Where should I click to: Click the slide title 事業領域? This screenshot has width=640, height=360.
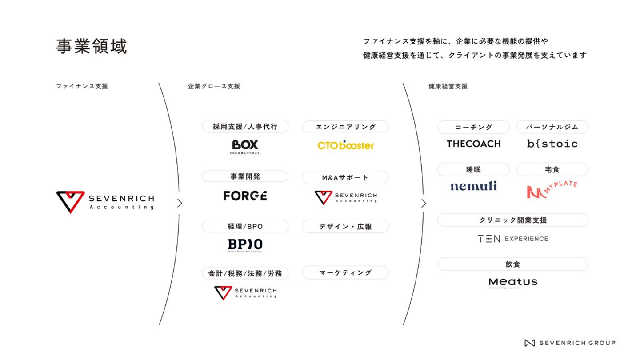[92, 46]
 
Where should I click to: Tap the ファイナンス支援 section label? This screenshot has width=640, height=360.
[82, 86]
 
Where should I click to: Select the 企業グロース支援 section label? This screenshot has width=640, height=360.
[214, 86]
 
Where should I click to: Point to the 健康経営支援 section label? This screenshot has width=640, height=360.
[448, 86]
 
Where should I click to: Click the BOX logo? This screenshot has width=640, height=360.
[245, 146]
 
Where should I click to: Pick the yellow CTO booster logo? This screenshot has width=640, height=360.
[345, 145]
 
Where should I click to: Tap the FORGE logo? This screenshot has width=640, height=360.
[245, 196]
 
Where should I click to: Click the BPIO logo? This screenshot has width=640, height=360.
[245, 245]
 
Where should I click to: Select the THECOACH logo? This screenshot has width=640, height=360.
[473, 144]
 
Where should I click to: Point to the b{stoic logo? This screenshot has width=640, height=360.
[552, 144]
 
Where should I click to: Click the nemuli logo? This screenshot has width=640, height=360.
[473, 186]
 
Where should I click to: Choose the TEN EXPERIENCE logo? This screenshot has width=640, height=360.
[513, 239]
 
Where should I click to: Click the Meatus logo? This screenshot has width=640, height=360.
[513, 283]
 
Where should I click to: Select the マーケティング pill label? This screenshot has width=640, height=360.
[345, 272]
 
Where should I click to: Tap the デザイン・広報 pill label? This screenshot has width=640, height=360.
[345, 226]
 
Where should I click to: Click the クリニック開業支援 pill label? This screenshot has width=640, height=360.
[513, 220]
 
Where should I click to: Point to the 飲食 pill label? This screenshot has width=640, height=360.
[513, 264]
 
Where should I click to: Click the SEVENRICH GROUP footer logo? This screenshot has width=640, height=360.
[570, 343]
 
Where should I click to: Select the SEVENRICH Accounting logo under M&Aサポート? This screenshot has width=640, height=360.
[345, 197]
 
